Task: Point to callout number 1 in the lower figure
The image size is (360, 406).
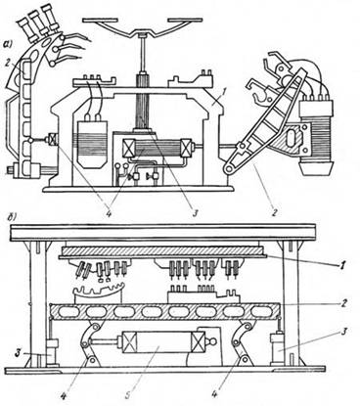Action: click(340, 263)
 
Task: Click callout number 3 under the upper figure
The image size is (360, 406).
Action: click(196, 212)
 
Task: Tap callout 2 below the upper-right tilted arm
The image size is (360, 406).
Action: click(275, 212)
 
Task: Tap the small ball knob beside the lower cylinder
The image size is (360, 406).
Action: click(212, 341)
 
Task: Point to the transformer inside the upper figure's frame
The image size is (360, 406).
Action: click(92, 143)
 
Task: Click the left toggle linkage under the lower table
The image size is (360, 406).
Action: click(91, 343)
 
